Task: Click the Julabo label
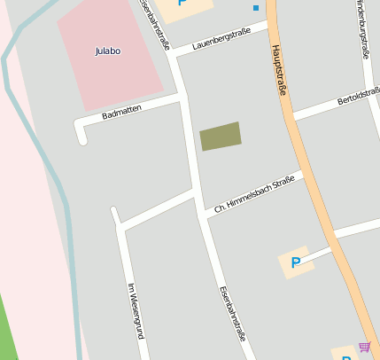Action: pyautogui.click(x=107, y=51)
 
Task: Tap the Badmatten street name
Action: pyautogui.click(x=122, y=113)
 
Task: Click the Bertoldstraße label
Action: pyautogui.click(x=358, y=97)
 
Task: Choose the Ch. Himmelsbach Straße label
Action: pyautogui.click(x=254, y=195)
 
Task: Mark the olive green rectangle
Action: pyautogui.click(x=221, y=136)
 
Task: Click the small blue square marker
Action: pyautogui.click(x=256, y=8)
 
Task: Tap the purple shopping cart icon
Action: pyautogui.click(x=364, y=347)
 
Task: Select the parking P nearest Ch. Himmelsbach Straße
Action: pyautogui.click(x=296, y=262)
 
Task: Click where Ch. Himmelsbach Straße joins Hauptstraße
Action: pyautogui.click(x=306, y=172)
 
